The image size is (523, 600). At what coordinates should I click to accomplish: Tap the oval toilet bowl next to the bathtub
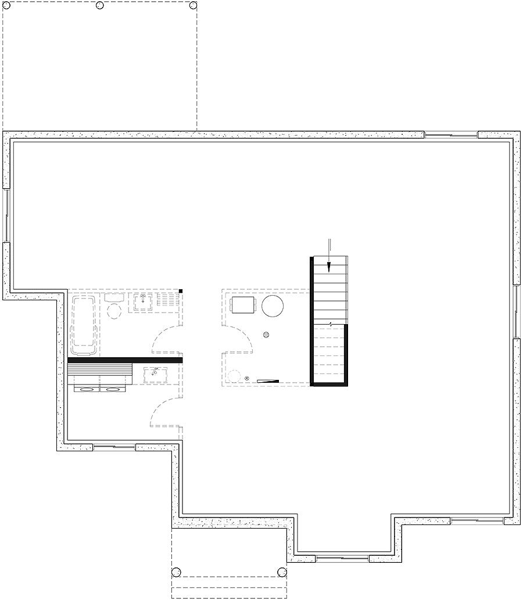point(114,308)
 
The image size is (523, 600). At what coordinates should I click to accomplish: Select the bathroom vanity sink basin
point(142,301)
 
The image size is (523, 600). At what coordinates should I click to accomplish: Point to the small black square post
point(181,291)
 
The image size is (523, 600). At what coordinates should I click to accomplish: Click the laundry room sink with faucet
point(156,373)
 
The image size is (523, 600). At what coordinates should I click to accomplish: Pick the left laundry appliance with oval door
point(87,389)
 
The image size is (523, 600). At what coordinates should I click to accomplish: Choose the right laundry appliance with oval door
point(113,389)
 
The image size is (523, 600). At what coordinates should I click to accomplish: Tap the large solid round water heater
point(272,306)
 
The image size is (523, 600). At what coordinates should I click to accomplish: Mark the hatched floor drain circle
point(267,335)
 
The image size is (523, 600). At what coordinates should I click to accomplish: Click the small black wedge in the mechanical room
point(268,381)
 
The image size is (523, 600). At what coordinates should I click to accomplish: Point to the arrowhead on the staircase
point(329,267)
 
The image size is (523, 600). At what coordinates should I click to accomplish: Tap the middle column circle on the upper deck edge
point(99,5)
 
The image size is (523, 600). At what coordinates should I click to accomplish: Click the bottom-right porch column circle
point(282,570)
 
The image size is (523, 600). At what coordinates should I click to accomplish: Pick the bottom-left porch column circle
point(178,570)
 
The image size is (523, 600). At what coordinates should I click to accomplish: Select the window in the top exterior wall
point(451,135)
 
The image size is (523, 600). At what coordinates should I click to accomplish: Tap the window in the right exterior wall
point(516,311)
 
